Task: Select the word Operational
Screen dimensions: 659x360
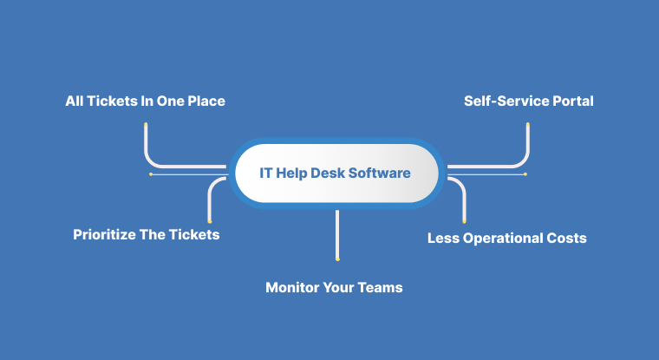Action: point(502,239)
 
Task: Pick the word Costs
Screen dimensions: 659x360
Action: point(566,238)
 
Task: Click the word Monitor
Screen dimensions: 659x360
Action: point(292,288)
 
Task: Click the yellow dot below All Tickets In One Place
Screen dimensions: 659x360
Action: point(146,125)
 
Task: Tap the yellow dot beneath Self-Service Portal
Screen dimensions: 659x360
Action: point(528,125)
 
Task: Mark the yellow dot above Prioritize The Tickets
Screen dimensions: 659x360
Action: point(210,221)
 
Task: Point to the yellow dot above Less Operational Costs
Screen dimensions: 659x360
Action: point(465,221)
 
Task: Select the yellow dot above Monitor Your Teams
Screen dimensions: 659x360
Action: point(337,259)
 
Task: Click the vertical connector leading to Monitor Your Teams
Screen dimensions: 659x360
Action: point(337,235)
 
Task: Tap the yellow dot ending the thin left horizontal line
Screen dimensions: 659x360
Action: point(151,174)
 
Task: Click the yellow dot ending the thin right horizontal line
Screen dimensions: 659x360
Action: point(525,174)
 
